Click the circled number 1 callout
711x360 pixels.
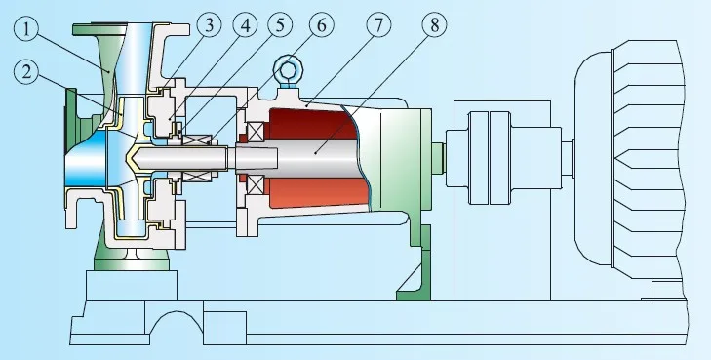pos(26,29)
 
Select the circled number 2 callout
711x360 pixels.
pos(26,72)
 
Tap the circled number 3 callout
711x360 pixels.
pos(209,25)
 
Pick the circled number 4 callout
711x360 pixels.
pos(245,25)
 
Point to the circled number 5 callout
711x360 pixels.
pos(280,25)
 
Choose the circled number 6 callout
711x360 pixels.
pos(321,25)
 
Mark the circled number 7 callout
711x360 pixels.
pos(378,25)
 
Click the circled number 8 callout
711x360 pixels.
pos(434,25)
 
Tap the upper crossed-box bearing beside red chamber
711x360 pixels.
pos(255,132)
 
